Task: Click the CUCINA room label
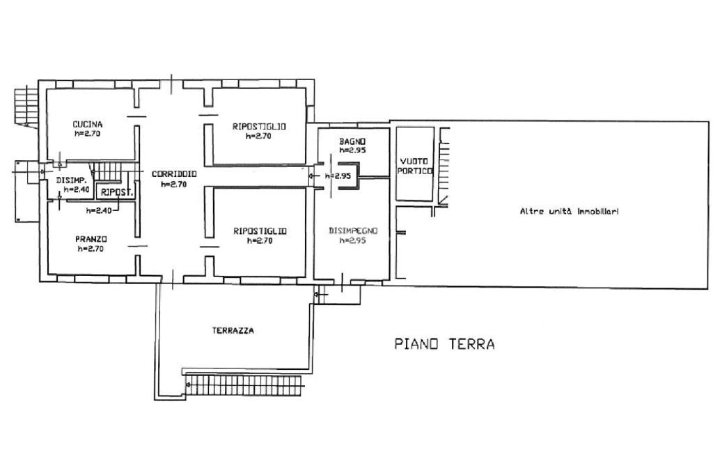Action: pyautogui.click(x=87, y=124)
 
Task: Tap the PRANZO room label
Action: pyautogui.click(x=91, y=239)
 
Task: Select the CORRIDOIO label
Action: pyautogui.click(x=174, y=174)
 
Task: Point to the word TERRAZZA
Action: pyautogui.click(x=233, y=331)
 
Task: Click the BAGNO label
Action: pyautogui.click(x=352, y=141)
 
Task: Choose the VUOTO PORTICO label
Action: pyautogui.click(x=415, y=166)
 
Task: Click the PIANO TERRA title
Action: pyautogui.click(x=444, y=343)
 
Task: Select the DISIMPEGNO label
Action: pyautogui.click(x=353, y=231)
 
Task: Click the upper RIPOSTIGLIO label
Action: pyautogui.click(x=259, y=127)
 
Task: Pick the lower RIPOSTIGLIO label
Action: pyautogui.click(x=260, y=231)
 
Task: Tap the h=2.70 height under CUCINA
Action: pyautogui.click(x=87, y=134)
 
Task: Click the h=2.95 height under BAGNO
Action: pyautogui.click(x=352, y=150)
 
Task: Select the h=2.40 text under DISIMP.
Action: pyautogui.click(x=77, y=189)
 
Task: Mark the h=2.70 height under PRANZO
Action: pyautogui.click(x=91, y=249)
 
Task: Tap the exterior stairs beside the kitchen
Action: pyautogui.click(x=26, y=107)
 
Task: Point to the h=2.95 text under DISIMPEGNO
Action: pyautogui.click(x=353, y=240)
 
